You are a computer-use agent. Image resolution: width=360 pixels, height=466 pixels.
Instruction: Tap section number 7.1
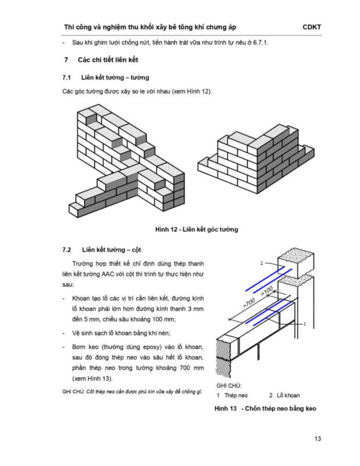[x=66, y=77]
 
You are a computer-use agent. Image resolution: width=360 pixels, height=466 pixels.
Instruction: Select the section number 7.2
[x=66, y=250]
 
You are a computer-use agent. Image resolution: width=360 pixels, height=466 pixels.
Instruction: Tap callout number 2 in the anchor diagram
[x=262, y=263]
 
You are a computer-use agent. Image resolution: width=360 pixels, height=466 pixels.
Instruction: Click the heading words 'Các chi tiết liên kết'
[x=107, y=61]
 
